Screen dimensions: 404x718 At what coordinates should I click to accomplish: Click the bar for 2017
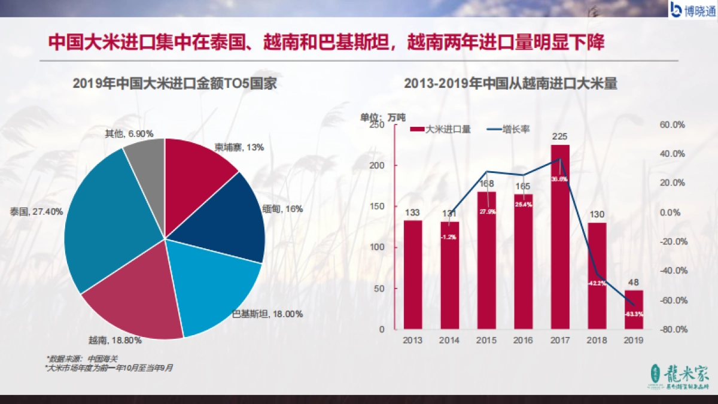click(560, 239)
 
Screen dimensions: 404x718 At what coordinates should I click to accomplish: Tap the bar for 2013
click(413, 275)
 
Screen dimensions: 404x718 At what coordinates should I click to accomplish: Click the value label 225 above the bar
click(560, 135)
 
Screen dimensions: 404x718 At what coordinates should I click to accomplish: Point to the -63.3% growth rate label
click(634, 313)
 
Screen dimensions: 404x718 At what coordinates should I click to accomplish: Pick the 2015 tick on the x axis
click(486, 340)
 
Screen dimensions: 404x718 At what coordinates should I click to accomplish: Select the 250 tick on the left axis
click(378, 125)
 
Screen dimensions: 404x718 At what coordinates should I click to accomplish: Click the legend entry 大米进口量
click(441, 129)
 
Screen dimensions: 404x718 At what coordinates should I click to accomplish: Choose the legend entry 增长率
click(508, 129)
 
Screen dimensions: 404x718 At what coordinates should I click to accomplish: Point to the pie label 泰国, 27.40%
click(36, 212)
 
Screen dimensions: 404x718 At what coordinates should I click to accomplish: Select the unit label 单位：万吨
click(382, 116)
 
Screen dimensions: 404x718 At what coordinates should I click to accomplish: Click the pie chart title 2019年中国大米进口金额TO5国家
click(174, 84)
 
